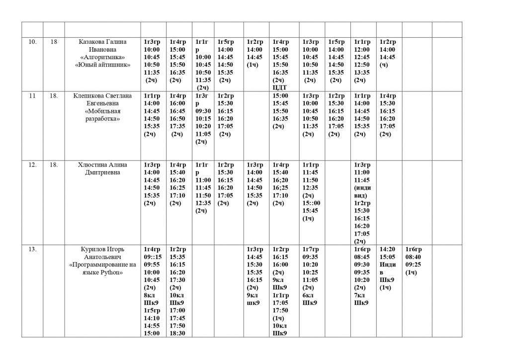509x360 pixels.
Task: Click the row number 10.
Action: point(32,42)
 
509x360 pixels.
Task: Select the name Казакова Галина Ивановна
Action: point(102,46)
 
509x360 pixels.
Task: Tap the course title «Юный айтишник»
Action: point(102,65)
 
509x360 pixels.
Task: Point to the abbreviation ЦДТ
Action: point(280,88)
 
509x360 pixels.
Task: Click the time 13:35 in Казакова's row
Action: point(362,73)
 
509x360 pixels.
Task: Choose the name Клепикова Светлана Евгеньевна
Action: point(102,99)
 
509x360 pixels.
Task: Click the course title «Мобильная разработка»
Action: point(102,115)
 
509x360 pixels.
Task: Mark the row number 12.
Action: point(32,165)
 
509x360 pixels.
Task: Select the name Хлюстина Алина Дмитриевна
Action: point(102,169)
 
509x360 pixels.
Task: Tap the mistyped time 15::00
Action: point(311,203)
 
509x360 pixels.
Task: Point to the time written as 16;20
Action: point(280,180)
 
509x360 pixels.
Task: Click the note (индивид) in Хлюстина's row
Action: point(362,191)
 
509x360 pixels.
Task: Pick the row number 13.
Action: point(32,249)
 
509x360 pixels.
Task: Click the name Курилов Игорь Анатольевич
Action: point(102,253)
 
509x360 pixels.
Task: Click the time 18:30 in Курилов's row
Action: point(177,333)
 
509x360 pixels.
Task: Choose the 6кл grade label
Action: point(308,295)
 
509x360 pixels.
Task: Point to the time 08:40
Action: point(414,257)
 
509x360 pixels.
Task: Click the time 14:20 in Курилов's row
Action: point(387,249)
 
